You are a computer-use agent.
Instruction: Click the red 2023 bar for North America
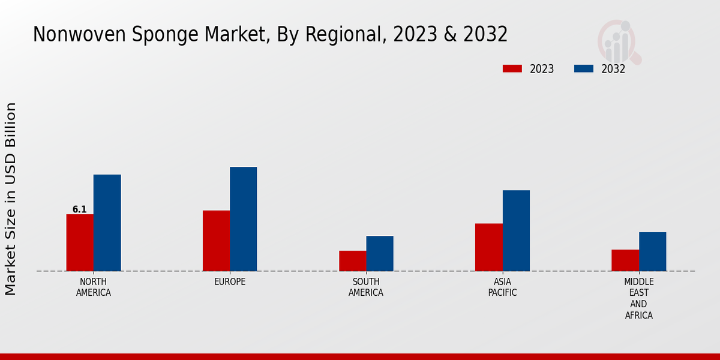pos(80,242)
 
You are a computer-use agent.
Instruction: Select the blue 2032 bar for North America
pos(107,223)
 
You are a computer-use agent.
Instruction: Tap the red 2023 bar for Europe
pos(216,241)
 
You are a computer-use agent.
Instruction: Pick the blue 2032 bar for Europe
pos(243,219)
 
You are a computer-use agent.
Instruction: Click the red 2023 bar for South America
pos(352,261)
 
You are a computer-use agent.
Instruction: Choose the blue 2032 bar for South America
pos(380,253)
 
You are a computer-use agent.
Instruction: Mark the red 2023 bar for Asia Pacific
pos(488,247)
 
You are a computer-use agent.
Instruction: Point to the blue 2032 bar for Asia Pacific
pos(516,230)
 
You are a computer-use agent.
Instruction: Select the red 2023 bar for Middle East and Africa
pos(625,260)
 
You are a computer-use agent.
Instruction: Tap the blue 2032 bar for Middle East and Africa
pos(652,251)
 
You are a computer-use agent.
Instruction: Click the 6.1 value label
pos(80,209)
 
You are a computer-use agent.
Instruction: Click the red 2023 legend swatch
pos(512,68)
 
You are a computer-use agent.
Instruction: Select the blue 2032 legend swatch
pos(583,68)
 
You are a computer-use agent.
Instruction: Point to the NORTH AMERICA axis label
pos(94,287)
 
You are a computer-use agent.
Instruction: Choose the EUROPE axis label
pos(230,282)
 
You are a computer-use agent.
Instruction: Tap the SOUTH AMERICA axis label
pos(366,287)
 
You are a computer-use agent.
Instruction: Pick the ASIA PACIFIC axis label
pos(502,287)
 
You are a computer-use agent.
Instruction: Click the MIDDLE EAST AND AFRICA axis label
pos(638,298)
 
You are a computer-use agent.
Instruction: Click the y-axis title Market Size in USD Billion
pos(11,199)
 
